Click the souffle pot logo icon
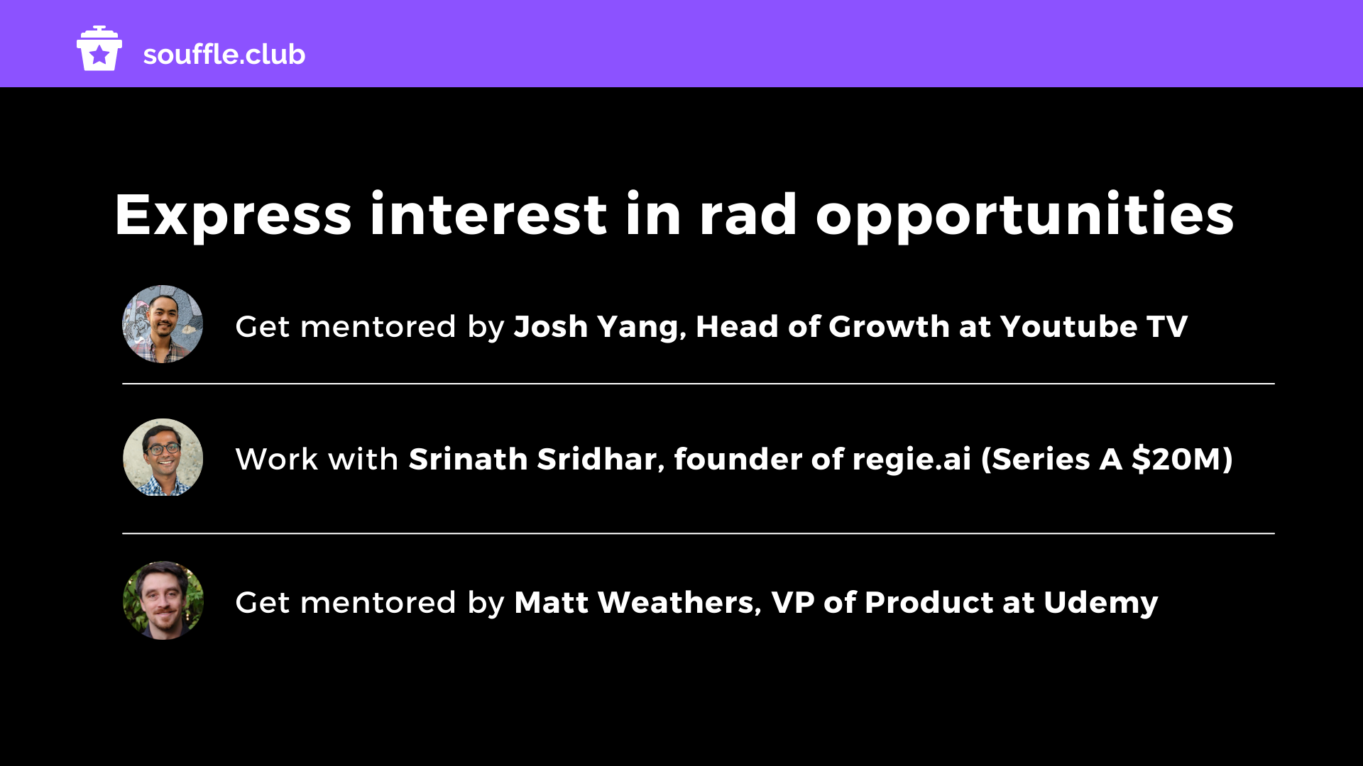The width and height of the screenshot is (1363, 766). [99, 48]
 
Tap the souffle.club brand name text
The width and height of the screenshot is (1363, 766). [224, 55]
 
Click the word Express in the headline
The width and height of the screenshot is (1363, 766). [233, 216]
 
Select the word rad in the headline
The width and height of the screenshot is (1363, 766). [748, 214]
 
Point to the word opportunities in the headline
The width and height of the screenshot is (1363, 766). [1025, 216]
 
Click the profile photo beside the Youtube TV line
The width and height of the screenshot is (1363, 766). [163, 325]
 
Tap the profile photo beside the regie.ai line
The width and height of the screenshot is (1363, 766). [163, 457]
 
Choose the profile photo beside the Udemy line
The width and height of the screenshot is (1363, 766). [163, 601]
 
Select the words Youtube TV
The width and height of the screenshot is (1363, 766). [1094, 326]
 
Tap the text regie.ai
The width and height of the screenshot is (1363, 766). [912, 460]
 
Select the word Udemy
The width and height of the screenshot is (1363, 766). [1101, 604]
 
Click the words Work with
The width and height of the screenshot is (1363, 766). [317, 460]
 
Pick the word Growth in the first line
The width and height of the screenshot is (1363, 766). [889, 326]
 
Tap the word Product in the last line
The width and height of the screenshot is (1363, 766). [929, 603]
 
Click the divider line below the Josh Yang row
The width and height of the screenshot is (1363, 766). [699, 384]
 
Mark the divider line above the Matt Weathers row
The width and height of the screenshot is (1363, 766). [699, 533]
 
